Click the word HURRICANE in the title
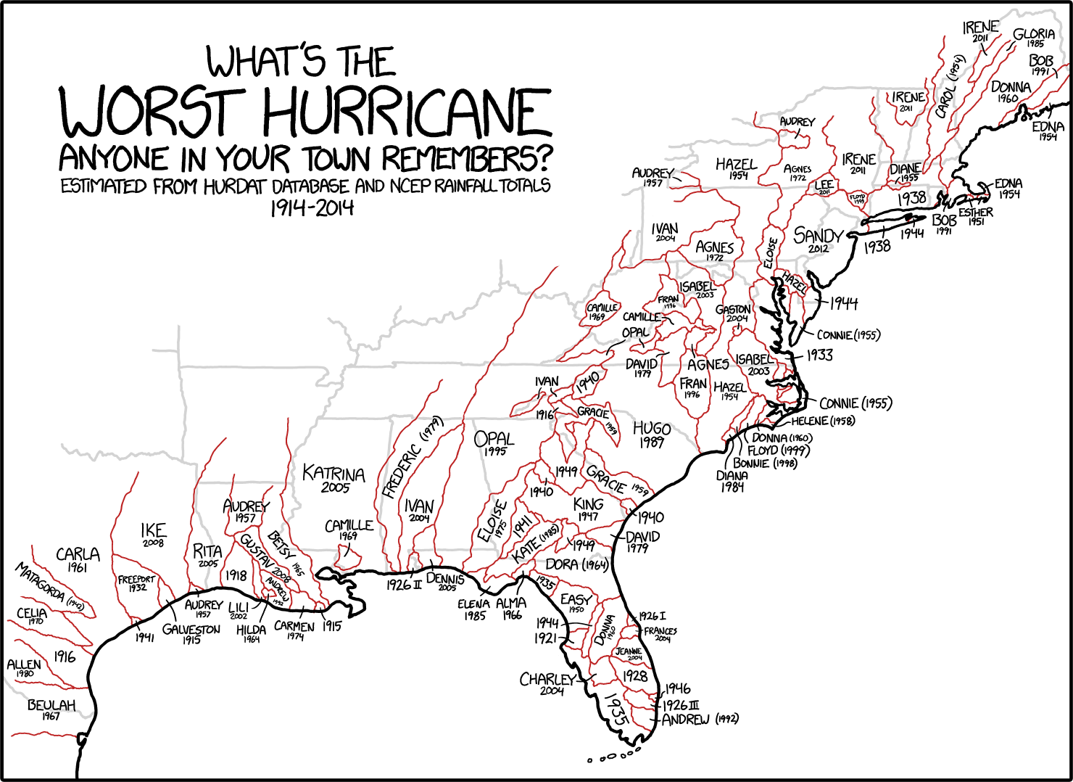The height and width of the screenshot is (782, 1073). tap(406, 114)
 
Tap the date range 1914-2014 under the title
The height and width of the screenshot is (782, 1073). tap(312, 208)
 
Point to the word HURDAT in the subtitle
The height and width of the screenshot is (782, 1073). tap(236, 186)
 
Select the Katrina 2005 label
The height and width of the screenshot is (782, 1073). tap(333, 479)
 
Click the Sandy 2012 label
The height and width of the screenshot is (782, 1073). tap(818, 239)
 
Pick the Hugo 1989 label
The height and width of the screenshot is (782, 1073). tap(652, 434)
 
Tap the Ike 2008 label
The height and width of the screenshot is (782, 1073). tap(153, 534)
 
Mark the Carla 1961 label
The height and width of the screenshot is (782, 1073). tap(78, 559)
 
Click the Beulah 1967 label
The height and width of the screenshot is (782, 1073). tap(51, 709)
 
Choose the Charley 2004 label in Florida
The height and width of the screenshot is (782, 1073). tap(548, 683)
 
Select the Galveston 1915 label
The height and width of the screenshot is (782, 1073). tap(191, 633)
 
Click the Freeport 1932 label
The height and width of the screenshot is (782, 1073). tap(136, 583)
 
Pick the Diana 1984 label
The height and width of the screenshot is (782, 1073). tap(732, 480)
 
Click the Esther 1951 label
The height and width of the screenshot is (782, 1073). tap(975, 215)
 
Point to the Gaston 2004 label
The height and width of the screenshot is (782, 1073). tap(733, 313)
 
